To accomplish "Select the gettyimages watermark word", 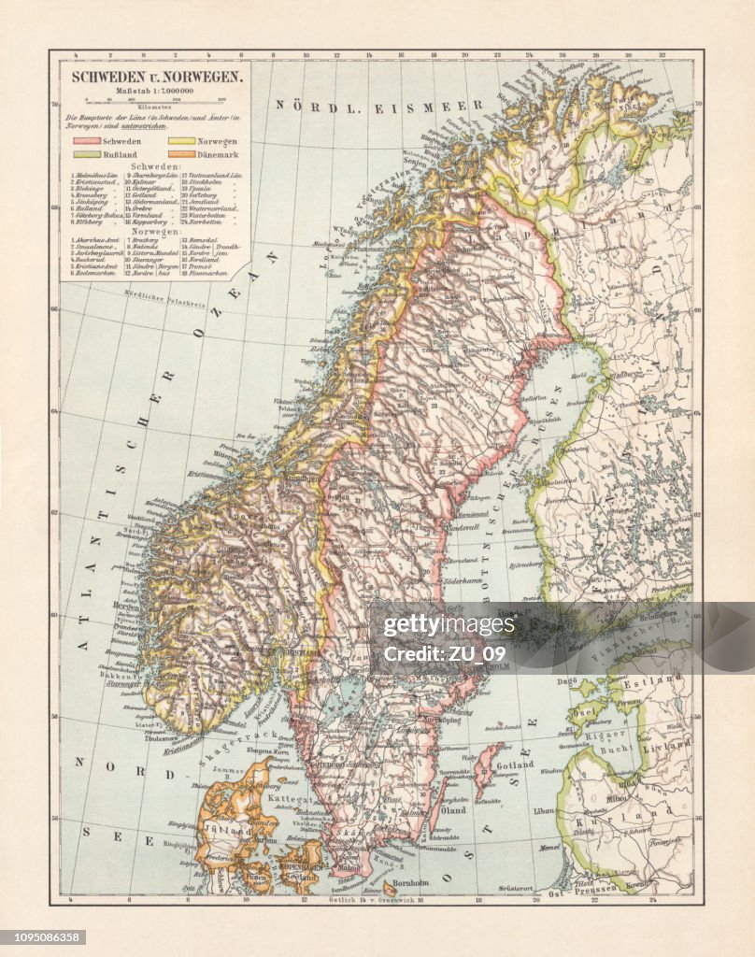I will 449,624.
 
